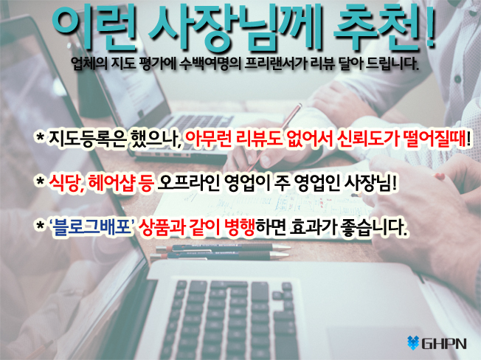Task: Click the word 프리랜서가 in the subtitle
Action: pyautogui.click(x=276, y=63)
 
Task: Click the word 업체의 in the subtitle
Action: pyautogui.click(x=89, y=63)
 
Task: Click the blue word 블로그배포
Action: pyautogui.click(x=91, y=227)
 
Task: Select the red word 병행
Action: pyautogui.click(x=240, y=227)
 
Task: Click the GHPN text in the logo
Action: pyautogui.click(x=444, y=344)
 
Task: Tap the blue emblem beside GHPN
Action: pyautogui.click(x=413, y=343)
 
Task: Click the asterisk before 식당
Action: pyautogui.click(x=40, y=181)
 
